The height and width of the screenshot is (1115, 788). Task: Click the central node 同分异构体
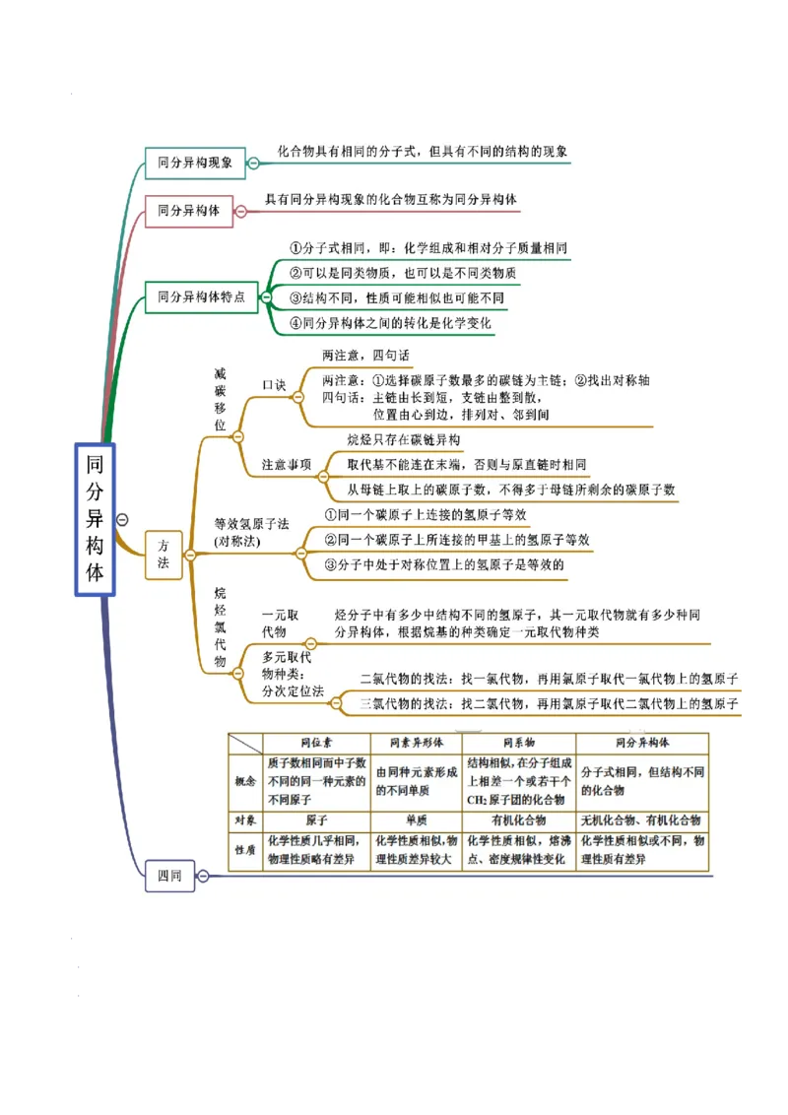click(x=95, y=519)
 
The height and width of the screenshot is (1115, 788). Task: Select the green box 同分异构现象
click(x=195, y=163)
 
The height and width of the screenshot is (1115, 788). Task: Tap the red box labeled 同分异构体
click(x=189, y=211)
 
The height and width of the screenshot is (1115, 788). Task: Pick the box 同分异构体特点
click(x=201, y=296)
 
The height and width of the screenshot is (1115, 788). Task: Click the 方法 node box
click(x=164, y=555)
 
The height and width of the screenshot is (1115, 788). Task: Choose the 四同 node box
click(x=169, y=875)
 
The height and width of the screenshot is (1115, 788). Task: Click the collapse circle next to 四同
click(x=203, y=875)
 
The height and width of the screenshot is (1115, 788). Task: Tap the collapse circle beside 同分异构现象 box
click(x=253, y=164)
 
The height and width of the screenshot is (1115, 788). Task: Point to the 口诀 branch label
click(x=274, y=385)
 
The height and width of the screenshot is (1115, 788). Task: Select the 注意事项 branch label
click(x=287, y=464)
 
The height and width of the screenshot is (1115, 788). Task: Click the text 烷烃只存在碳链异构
click(x=403, y=439)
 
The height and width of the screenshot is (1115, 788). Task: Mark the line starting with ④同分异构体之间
click(x=390, y=323)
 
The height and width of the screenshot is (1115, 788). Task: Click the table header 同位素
click(x=316, y=743)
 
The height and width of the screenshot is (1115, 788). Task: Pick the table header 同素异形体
click(x=416, y=743)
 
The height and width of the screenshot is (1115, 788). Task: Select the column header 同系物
click(x=518, y=743)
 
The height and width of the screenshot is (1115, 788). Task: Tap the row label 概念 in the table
click(x=245, y=781)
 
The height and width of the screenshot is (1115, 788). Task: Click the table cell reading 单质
click(x=416, y=820)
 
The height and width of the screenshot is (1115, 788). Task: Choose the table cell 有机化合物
click(x=518, y=820)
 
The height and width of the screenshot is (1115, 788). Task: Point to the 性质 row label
click(x=245, y=849)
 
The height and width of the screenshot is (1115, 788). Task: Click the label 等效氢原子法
click(x=251, y=524)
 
